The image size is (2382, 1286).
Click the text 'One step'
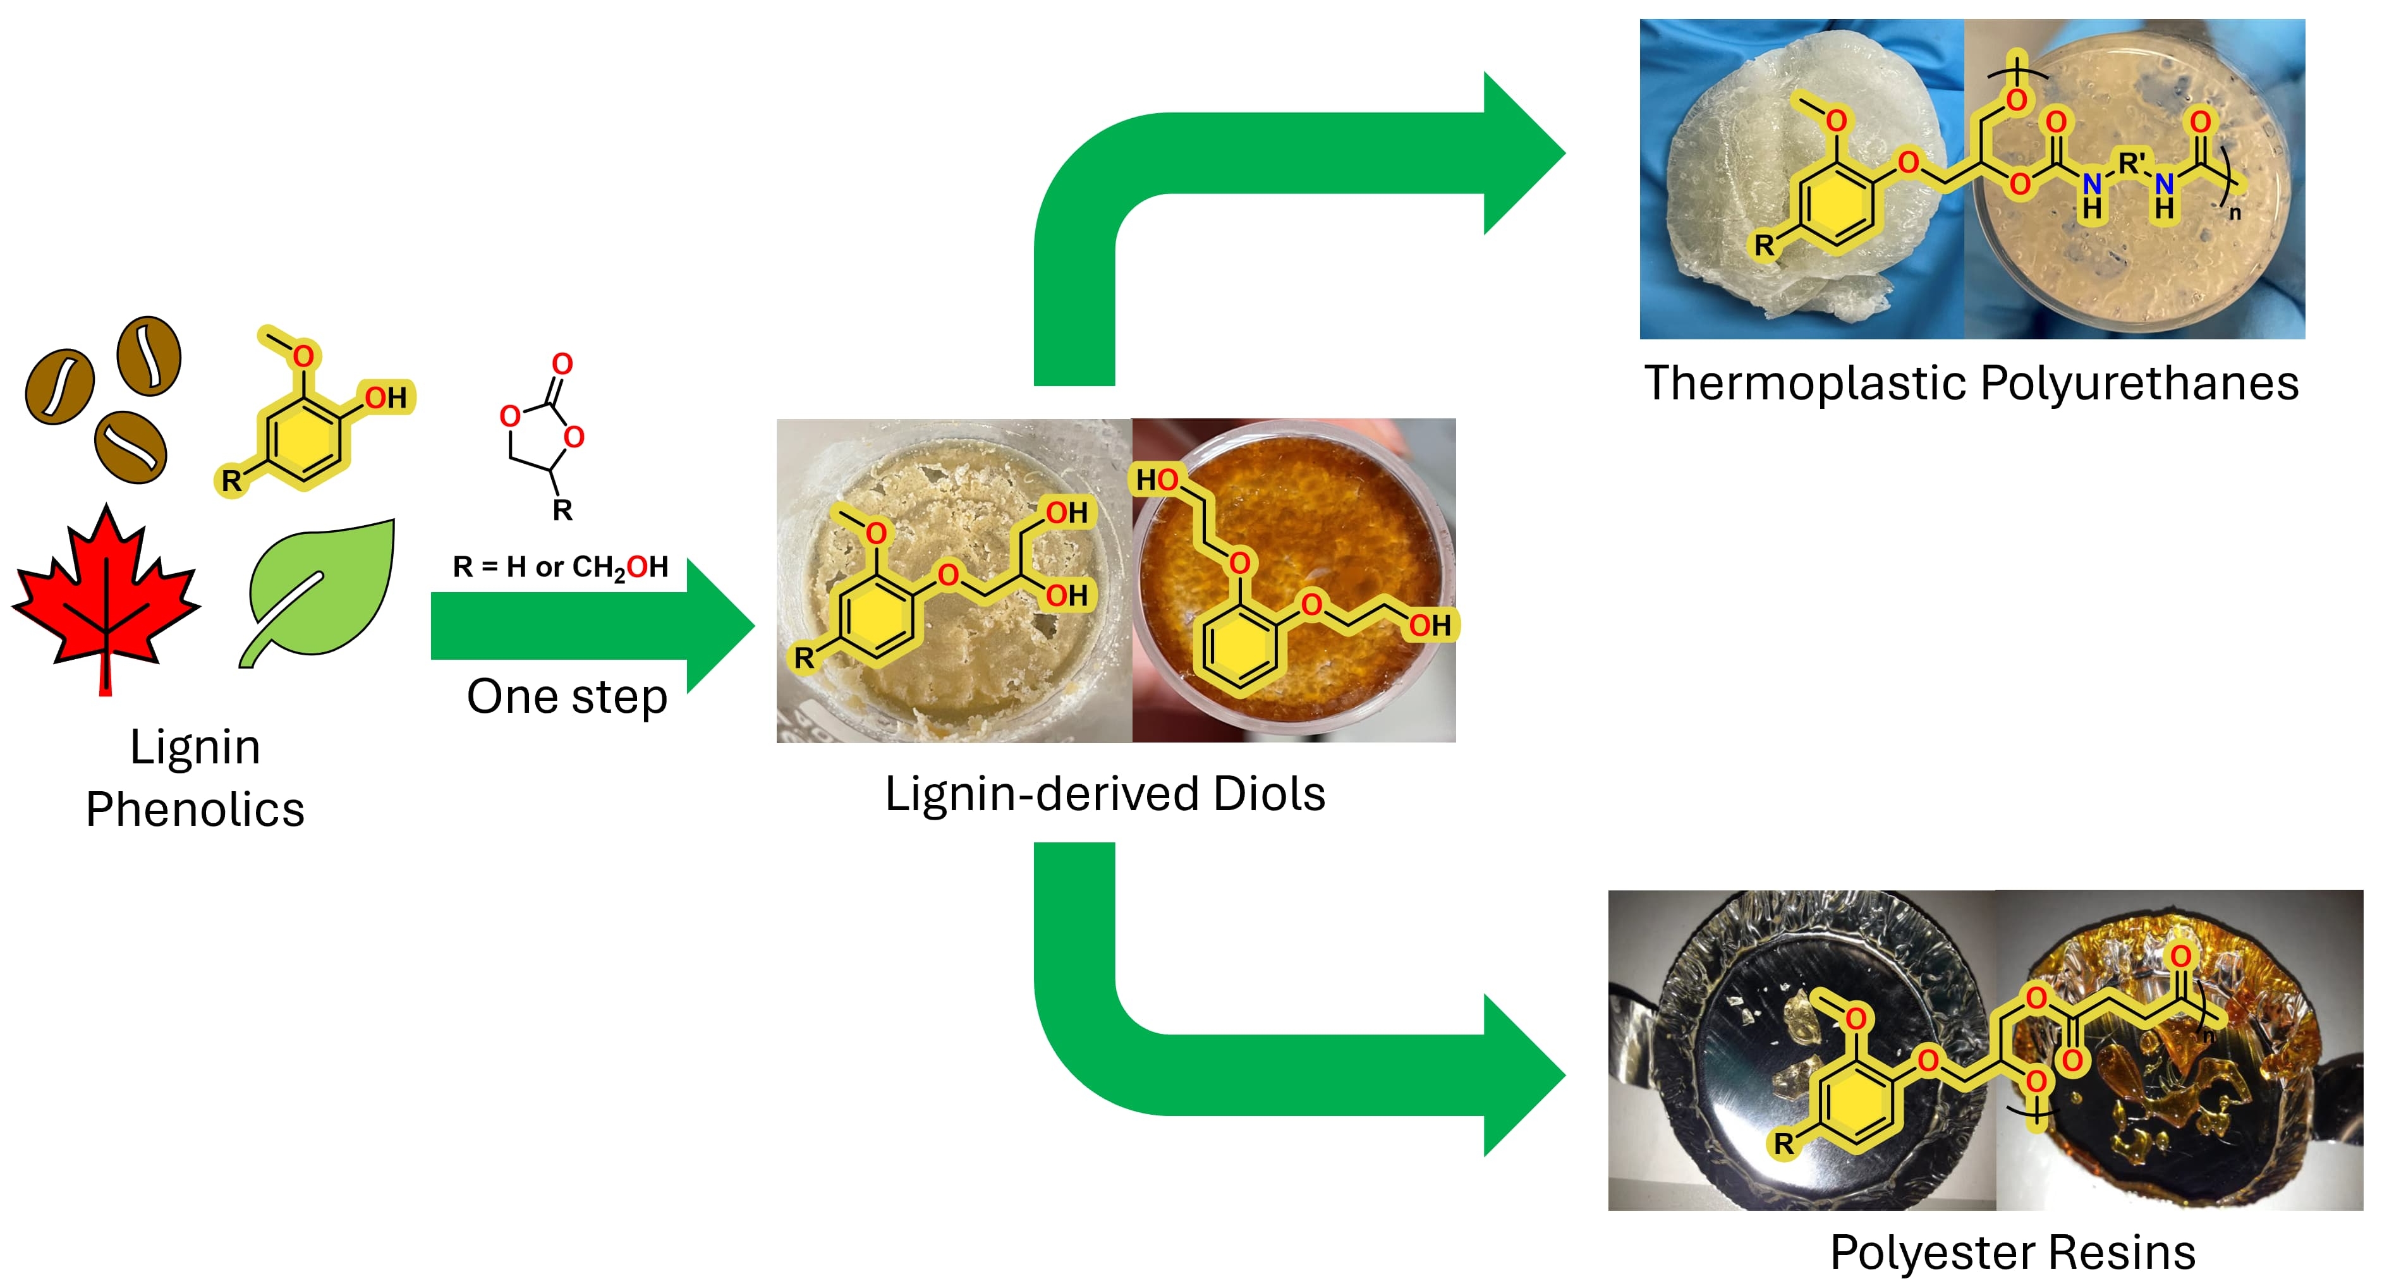click(567, 697)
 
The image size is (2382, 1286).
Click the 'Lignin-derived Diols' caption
click(1105, 793)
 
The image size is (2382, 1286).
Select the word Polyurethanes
click(2140, 384)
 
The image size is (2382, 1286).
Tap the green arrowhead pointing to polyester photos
click(1521, 1075)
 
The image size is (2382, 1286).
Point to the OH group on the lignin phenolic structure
click(386, 397)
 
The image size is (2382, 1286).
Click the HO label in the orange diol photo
click(1157, 480)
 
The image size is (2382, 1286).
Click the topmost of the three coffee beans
click(149, 356)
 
